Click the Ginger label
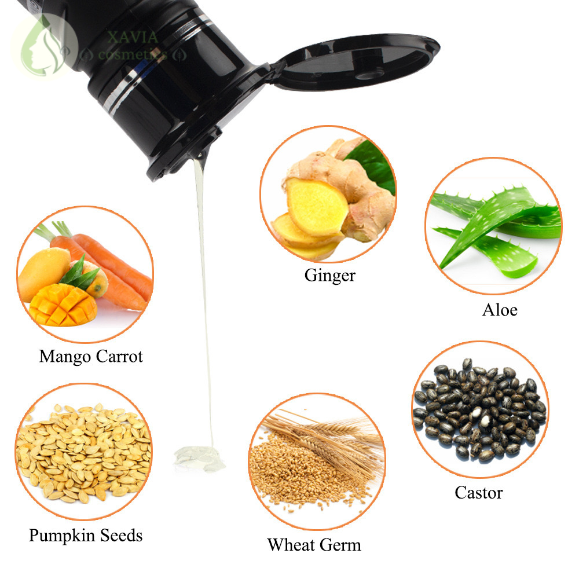click(x=329, y=276)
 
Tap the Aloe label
click(x=500, y=310)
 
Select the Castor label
click(x=478, y=493)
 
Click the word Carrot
click(x=119, y=356)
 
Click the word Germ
click(x=341, y=545)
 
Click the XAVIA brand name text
click(x=133, y=38)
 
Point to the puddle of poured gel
click(x=200, y=457)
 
